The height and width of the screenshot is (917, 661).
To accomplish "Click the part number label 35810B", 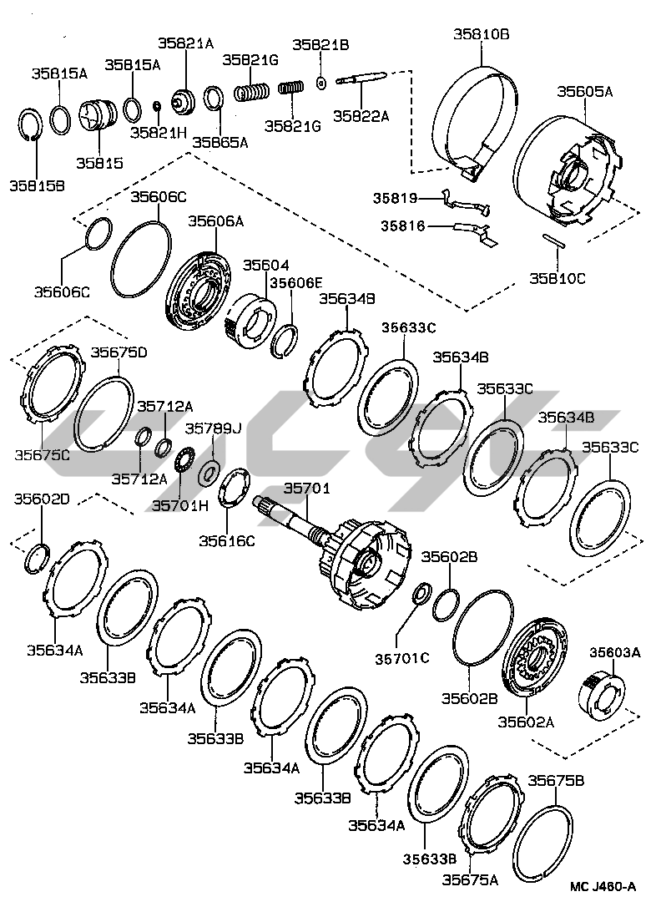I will click(482, 34).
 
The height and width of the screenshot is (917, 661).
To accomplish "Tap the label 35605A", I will click(585, 92).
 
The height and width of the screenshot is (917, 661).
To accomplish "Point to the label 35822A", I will click(362, 116).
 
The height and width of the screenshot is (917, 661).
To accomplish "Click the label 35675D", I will click(119, 352).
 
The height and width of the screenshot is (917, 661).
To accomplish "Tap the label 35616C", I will click(226, 541).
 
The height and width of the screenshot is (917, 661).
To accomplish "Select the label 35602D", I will click(42, 499).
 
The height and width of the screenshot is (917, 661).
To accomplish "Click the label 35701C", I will click(401, 659).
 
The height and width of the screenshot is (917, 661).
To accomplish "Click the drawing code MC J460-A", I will click(603, 888).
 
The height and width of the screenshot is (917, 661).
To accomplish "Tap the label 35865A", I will click(220, 142).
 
